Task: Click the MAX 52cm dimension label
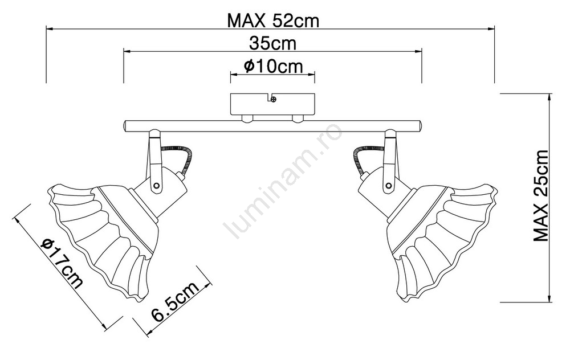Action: click(x=273, y=21)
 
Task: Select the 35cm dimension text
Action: click(x=272, y=43)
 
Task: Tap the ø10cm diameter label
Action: click(x=272, y=66)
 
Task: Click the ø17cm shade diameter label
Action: click(x=62, y=263)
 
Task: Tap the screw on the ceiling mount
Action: click(x=274, y=99)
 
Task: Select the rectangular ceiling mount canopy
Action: click(x=273, y=105)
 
